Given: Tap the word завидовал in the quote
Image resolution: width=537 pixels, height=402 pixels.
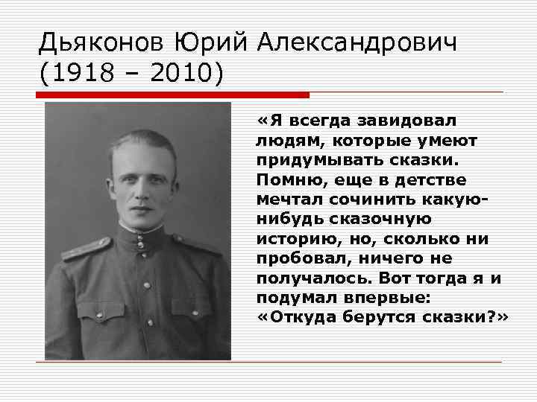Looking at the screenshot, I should tap(409, 121).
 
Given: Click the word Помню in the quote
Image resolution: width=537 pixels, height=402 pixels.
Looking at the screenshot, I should tap(288, 179).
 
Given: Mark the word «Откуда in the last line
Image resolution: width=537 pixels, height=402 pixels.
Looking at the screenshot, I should tap(295, 317).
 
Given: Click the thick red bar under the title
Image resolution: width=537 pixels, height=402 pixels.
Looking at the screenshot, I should tap(172, 95).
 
